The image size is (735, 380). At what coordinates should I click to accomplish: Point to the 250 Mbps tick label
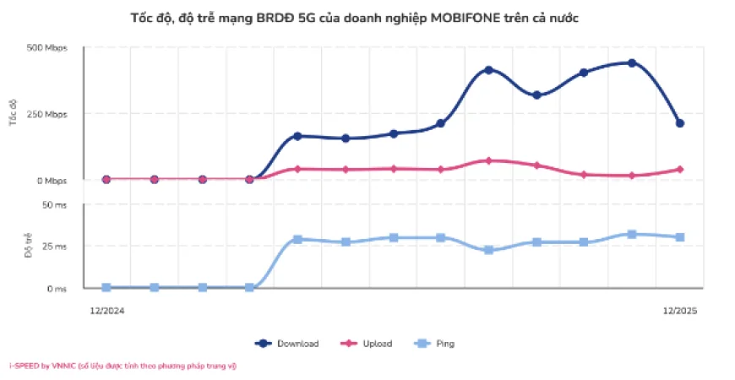(46, 114)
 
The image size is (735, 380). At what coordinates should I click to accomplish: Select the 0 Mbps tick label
(50, 181)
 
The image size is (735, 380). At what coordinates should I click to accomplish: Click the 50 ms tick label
(53, 204)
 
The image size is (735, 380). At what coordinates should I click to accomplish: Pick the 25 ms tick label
(53, 247)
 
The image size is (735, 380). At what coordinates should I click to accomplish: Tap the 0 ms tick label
(56, 289)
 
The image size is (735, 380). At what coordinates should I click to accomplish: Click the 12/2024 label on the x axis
(107, 311)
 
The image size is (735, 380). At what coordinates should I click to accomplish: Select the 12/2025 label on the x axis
(680, 311)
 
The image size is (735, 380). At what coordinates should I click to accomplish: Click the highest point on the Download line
(632, 63)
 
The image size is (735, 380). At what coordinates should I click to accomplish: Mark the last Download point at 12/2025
(679, 123)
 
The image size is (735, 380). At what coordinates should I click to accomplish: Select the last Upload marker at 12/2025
(679, 170)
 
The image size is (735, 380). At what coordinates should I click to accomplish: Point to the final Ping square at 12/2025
(679, 237)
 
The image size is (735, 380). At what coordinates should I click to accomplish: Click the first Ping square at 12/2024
(106, 288)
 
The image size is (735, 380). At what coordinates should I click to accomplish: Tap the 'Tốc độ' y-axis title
(14, 113)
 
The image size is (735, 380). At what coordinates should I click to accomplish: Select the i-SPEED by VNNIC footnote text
(122, 366)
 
